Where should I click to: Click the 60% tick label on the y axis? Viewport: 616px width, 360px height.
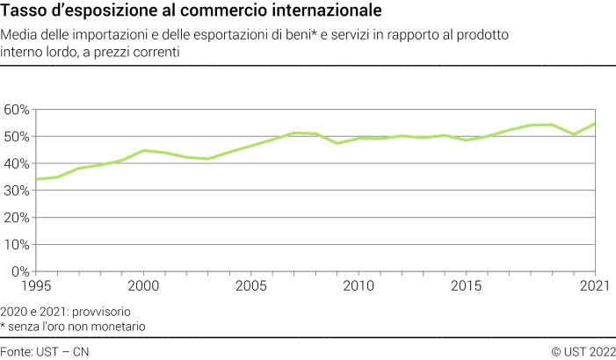coord(17,110)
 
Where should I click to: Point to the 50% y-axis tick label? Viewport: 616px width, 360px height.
coord(17,137)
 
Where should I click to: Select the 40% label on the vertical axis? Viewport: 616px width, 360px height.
coord(17,164)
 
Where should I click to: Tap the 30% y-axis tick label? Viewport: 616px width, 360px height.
coord(17,191)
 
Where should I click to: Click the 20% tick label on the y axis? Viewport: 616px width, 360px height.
coord(17,219)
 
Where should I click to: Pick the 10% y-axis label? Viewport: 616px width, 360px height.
coord(17,246)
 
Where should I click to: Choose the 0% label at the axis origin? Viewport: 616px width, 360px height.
coord(20,272)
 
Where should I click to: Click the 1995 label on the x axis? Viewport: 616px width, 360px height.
coord(37,286)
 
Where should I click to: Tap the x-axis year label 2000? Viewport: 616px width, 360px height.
coord(143,286)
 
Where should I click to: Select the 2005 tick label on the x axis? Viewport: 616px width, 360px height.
coord(251,286)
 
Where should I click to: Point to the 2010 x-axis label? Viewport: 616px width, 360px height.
coord(359,286)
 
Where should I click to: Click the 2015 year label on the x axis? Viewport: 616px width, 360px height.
coord(466,286)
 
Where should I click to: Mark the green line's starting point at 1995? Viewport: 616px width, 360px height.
coord(35,179)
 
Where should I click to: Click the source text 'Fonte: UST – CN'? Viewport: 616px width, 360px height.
coord(45,351)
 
